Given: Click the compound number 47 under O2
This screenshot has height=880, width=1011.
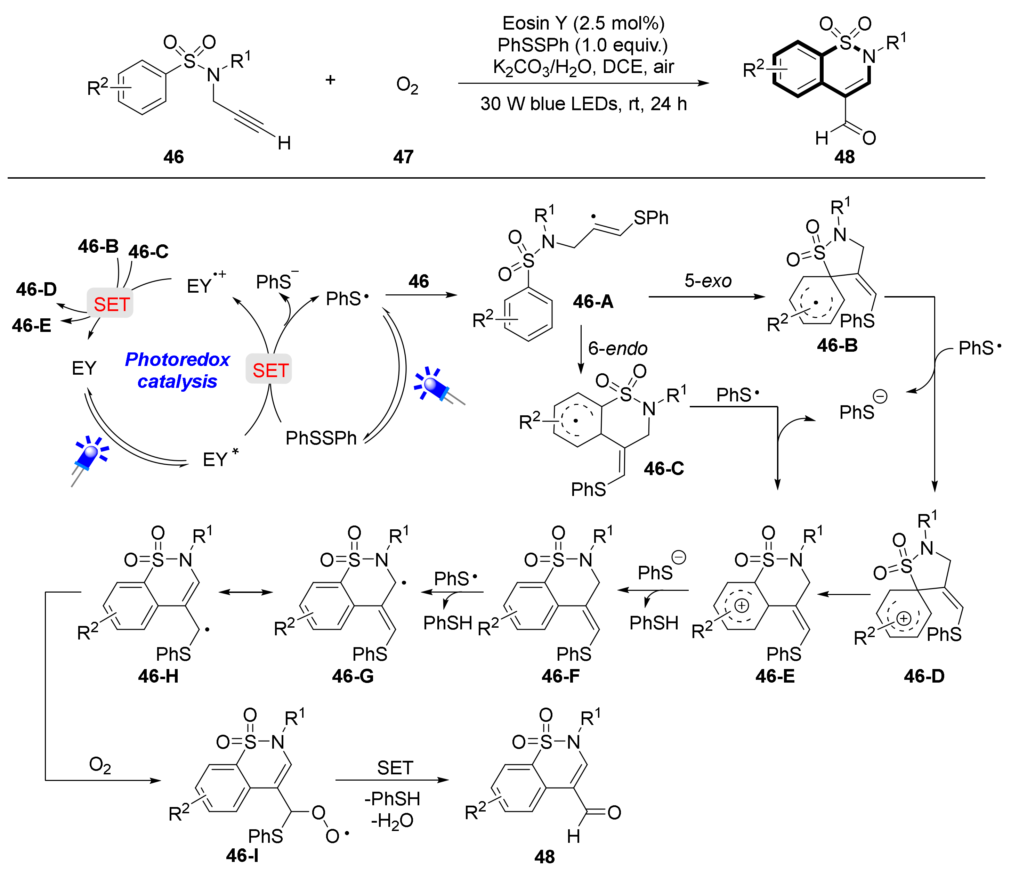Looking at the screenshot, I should coord(403,157).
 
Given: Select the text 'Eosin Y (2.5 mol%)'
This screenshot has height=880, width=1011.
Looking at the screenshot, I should coord(583,23).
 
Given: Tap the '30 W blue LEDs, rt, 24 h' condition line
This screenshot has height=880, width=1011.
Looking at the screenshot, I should coord(583,104).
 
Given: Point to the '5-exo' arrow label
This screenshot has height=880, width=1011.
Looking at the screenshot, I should coord(707,280).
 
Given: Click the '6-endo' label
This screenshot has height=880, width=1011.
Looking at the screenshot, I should coord(617,349).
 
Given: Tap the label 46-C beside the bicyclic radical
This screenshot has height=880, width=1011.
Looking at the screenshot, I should coord(664,468).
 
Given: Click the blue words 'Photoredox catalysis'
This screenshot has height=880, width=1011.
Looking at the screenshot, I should coord(177,370).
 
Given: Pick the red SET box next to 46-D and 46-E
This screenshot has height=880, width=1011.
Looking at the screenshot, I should coord(111,304).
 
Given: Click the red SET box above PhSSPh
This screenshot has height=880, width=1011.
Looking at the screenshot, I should coord(269,370).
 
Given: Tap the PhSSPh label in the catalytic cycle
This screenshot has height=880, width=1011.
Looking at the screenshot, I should coord(321,438).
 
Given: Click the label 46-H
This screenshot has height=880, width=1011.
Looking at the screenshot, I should coord(158,676).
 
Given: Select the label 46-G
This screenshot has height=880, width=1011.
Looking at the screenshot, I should coord(353,676).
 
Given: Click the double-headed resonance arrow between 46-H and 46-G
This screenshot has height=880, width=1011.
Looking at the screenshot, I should coord(246,592).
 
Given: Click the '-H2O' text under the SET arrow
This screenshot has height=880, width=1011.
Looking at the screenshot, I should coord(392,821).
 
